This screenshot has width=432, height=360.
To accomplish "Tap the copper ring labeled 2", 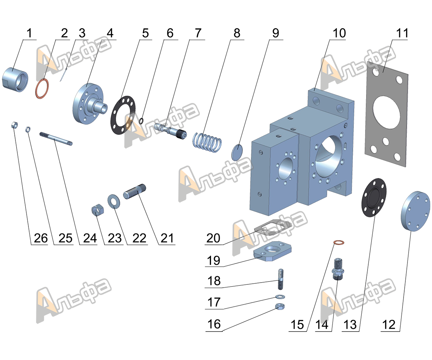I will coord(42,89).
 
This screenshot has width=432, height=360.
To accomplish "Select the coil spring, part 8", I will coord(207,142).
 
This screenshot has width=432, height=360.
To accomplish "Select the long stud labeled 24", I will coord(56,139).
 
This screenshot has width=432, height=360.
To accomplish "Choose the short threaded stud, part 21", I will coord(135,190).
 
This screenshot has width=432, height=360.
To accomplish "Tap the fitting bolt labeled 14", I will coord(338,269).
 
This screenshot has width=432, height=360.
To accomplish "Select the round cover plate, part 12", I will coord(415,211).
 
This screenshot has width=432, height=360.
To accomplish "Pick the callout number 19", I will coord(213,260).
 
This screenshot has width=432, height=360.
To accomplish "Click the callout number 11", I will coord(402,33).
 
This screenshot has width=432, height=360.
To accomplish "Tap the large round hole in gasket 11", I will coord(387,112).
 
